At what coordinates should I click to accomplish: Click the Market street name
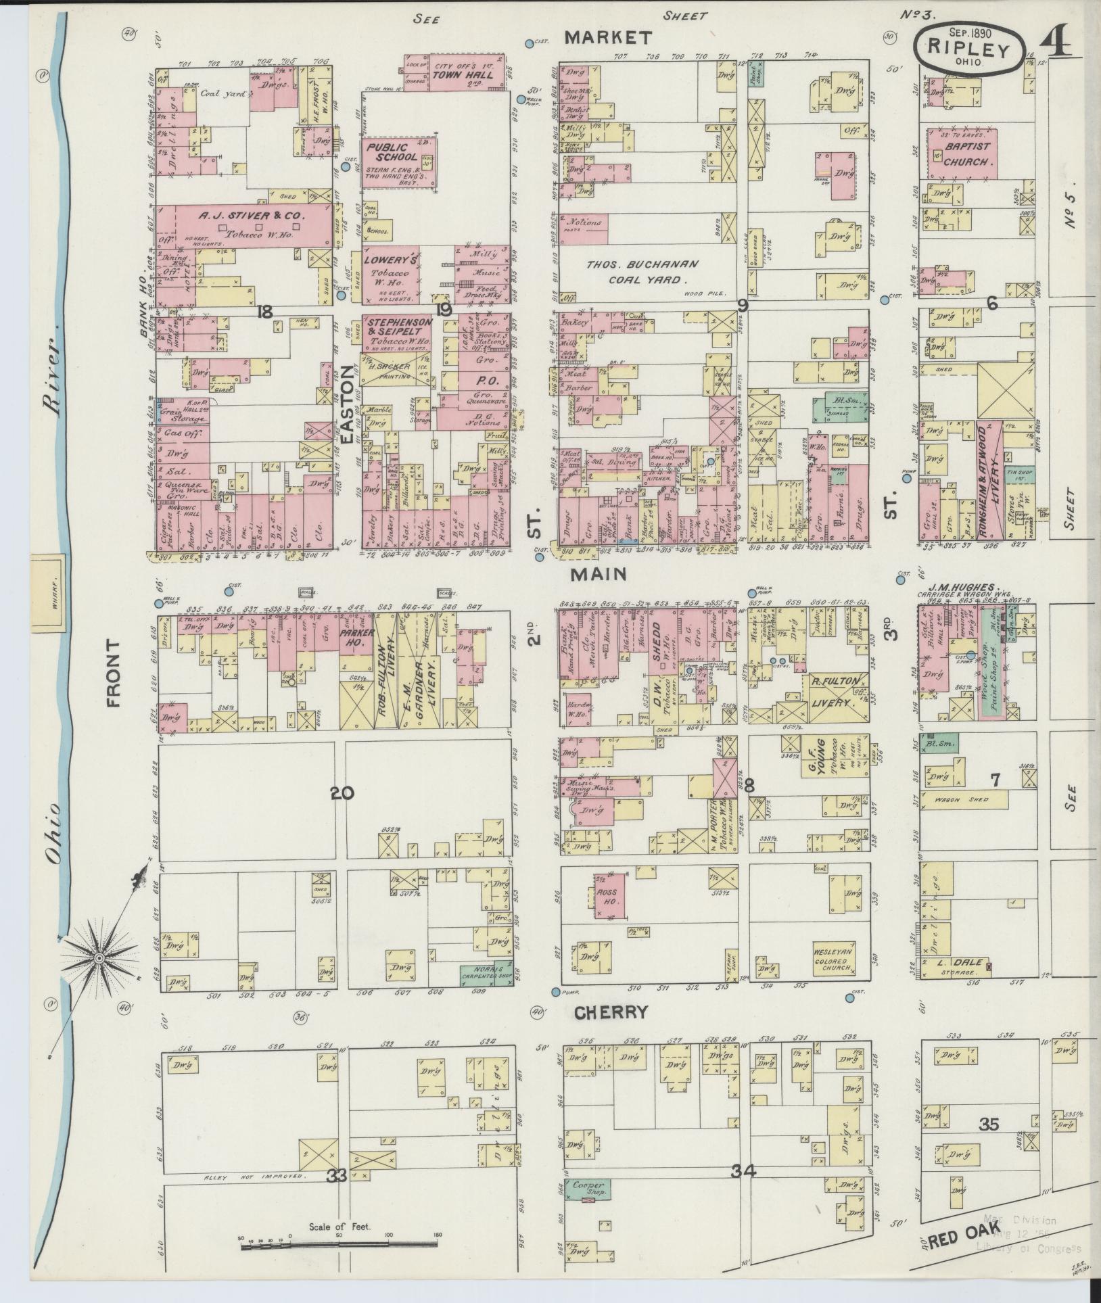pos(608,37)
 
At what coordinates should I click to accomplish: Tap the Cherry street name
pos(611,1012)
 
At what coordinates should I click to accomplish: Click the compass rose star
pos(99,958)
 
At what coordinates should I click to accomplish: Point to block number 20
pos(342,793)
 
